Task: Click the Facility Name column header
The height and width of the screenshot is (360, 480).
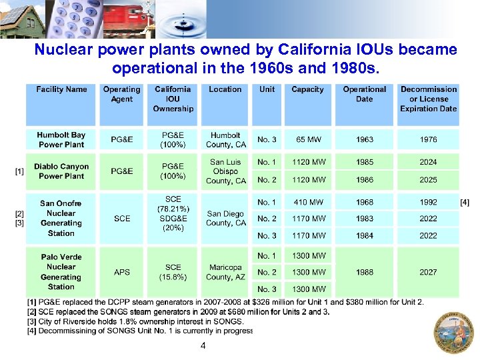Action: tap(61, 89)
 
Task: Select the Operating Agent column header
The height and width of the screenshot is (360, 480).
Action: tap(121, 94)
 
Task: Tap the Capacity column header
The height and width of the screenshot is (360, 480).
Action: tap(307, 89)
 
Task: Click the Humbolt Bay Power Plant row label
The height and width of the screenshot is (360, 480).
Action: tap(61, 139)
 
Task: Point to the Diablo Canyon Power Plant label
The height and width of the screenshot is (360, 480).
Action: tap(61, 171)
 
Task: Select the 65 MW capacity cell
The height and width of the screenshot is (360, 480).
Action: tap(308, 140)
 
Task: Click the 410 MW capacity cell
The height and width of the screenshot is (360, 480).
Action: tap(308, 202)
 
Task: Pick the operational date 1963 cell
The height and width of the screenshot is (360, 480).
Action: tap(365, 140)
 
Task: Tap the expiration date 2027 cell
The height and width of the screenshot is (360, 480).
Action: tap(428, 272)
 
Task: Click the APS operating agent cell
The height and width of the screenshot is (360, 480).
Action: tap(122, 272)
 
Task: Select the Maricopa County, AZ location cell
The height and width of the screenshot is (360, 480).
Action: tap(225, 272)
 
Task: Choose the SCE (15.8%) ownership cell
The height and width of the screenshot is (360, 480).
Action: tap(173, 272)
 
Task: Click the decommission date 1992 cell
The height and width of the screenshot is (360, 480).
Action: tap(428, 202)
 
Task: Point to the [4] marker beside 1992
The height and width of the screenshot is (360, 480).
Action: tap(465, 202)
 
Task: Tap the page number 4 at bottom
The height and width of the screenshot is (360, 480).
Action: tap(203, 345)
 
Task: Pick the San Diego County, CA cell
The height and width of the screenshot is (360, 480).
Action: tap(225, 219)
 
